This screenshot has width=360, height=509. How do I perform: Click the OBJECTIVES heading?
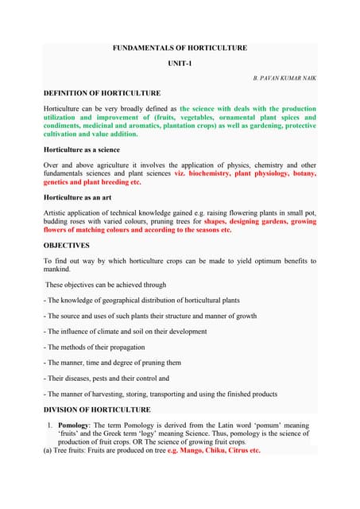click(66, 245)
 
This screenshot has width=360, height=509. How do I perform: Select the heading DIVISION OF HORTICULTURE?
click(96, 410)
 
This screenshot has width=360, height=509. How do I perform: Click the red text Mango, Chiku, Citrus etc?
click(220, 451)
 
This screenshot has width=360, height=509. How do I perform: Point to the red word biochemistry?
click(209, 172)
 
